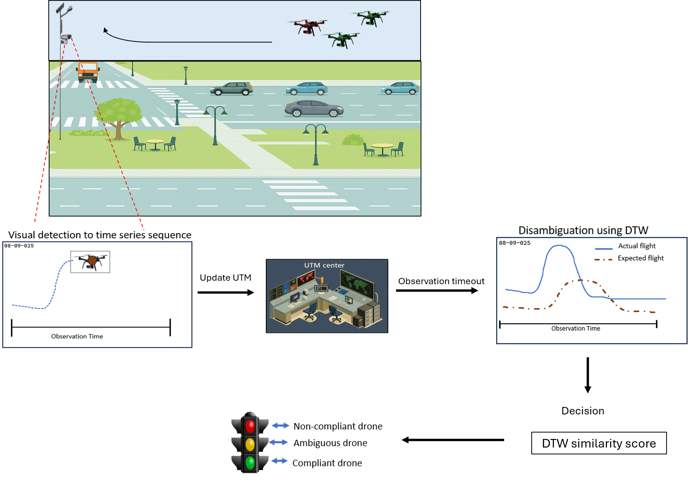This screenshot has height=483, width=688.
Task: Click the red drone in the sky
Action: [x=308, y=27]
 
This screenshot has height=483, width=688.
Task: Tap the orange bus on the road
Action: [x=88, y=72]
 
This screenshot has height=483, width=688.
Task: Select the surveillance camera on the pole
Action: [x=65, y=38]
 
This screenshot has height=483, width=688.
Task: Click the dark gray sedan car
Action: [x=314, y=109]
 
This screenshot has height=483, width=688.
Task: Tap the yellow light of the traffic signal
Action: [x=250, y=444]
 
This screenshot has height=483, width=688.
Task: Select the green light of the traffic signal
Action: [x=250, y=463]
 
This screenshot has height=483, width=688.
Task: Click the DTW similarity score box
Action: [x=599, y=443]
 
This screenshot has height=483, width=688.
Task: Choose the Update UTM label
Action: [x=225, y=278]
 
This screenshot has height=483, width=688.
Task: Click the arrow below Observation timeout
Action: [x=437, y=290]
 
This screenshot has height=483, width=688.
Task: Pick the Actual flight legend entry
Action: [x=637, y=246]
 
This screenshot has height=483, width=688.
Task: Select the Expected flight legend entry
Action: [x=640, y=258]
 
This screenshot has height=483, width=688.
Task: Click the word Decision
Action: [x=583, y=411]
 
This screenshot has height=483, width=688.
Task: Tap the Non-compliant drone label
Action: [x=338, y=426]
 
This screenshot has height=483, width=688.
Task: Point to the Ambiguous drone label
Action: [x=330, y=443]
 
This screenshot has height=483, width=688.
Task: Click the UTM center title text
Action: [x=324, y=265]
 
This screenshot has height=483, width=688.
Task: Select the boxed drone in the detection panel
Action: [x=90, y=262]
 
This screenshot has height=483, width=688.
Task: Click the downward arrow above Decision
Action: [x=588, y=375]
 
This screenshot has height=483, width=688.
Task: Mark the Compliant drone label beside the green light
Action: [x=327, y=463]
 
